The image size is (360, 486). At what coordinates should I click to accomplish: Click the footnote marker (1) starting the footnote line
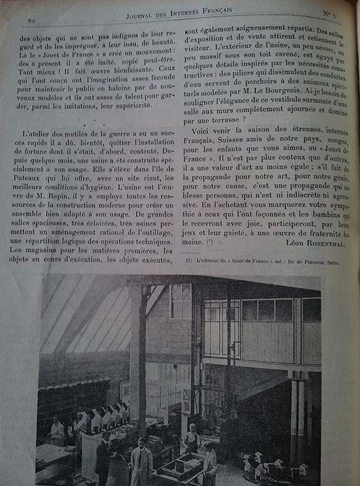coord(189,262)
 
